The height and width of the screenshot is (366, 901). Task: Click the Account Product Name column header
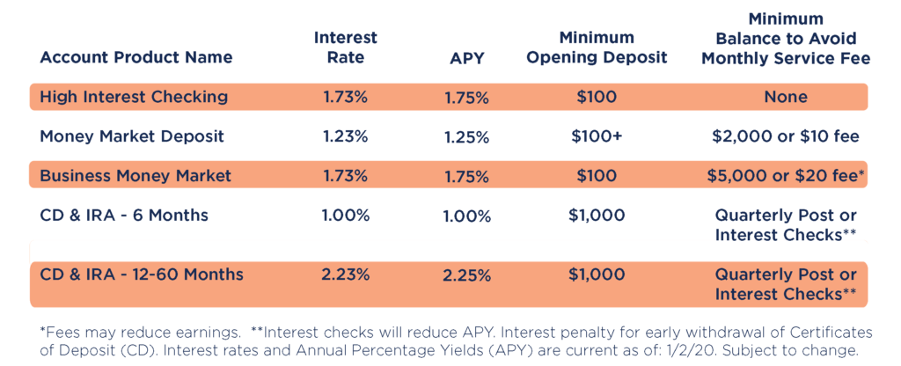136,58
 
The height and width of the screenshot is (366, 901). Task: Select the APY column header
466,58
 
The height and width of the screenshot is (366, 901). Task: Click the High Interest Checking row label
134,97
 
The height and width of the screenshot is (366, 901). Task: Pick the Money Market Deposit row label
132,136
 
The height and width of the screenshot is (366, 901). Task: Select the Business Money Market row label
136,175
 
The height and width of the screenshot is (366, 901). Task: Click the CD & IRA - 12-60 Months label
142,274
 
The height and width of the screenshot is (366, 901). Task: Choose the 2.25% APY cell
466,275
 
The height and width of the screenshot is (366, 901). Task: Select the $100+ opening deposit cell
597,136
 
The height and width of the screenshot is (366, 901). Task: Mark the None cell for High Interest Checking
785,97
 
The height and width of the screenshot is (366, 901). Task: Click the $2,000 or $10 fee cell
785,136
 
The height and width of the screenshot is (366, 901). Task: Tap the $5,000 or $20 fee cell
785,175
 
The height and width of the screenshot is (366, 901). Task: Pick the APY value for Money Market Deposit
466,137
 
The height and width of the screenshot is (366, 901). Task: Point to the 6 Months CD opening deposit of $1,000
597,215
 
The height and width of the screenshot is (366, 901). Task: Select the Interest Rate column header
346,48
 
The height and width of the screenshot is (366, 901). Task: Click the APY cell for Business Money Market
466,176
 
